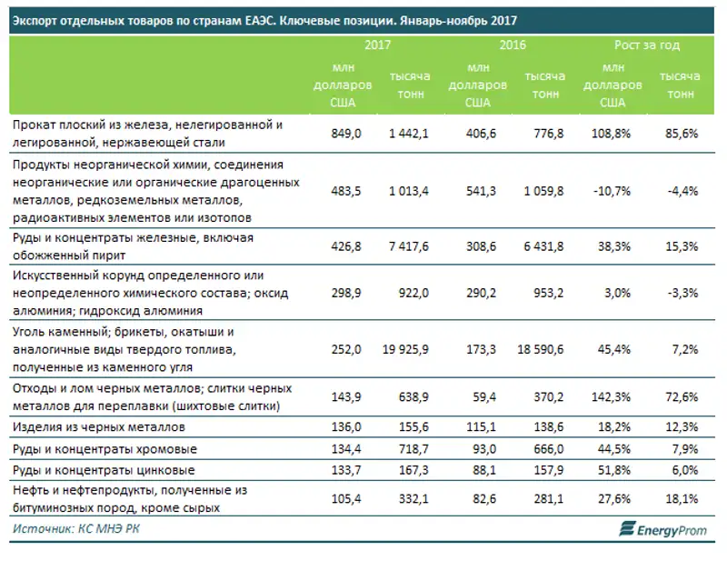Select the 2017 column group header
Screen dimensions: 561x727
(x=378, y=45)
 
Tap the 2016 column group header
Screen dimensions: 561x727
(x=513, y=45)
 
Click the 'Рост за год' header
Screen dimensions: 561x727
(x=647, y=45)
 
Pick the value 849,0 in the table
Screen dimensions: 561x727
(x=347, y=134)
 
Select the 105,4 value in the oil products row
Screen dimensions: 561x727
(x=347, y=499)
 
